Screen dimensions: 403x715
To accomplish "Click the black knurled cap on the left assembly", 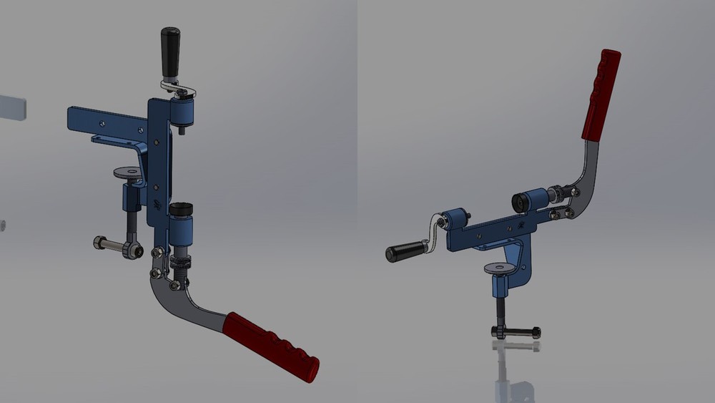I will coord(182,210).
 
